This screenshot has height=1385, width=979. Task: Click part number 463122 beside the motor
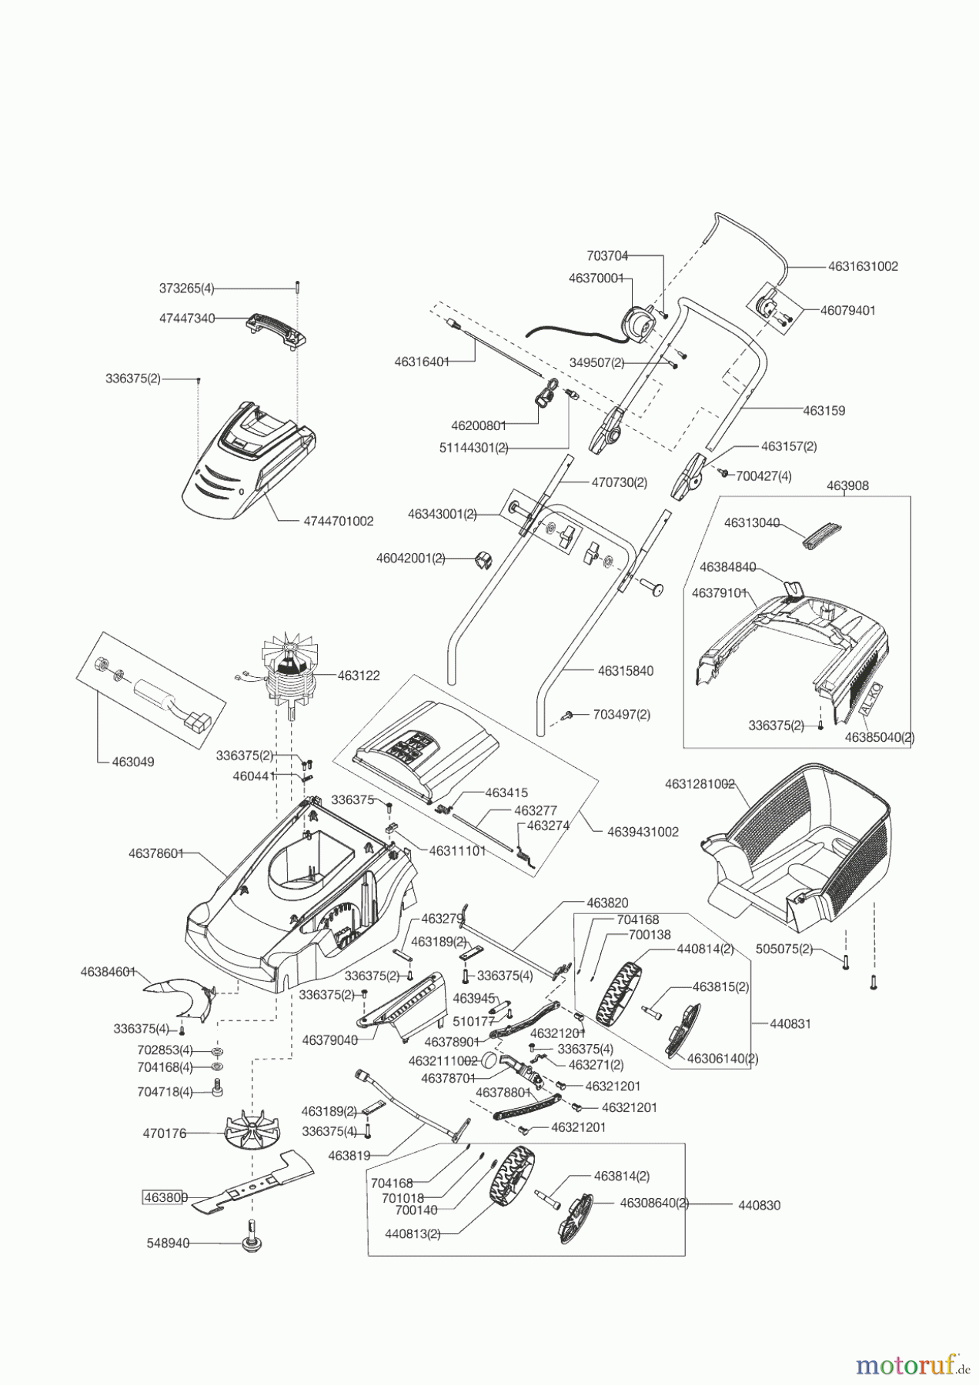coord(359,676)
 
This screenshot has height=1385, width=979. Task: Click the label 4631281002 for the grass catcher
coord(699,784)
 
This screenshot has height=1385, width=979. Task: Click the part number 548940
coord(168,1243)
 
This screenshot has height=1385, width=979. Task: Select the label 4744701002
coord(338,521)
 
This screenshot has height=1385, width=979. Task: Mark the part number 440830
coord(759,1205)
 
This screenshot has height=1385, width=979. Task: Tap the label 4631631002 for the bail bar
coord(863,266)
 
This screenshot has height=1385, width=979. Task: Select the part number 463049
coord(133,762)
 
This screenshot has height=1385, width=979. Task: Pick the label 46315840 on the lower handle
coord(625,671)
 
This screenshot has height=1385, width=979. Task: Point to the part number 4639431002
coord(643,832)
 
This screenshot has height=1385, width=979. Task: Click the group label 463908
coord(847,486)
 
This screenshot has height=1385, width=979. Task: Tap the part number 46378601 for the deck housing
coord(156,853)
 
